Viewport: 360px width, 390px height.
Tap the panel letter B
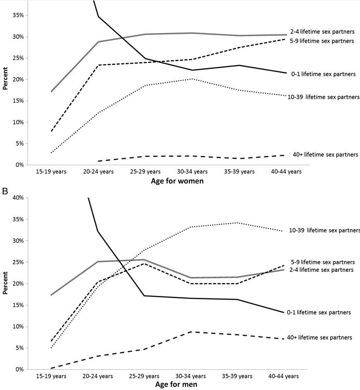pyautogui.click(x=5, y=191)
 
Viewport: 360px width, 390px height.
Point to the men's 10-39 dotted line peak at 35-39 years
pyautogui.click(x=237, y=222)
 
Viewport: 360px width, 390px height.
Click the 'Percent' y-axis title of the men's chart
pyautogui.click(x=5, y=283)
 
